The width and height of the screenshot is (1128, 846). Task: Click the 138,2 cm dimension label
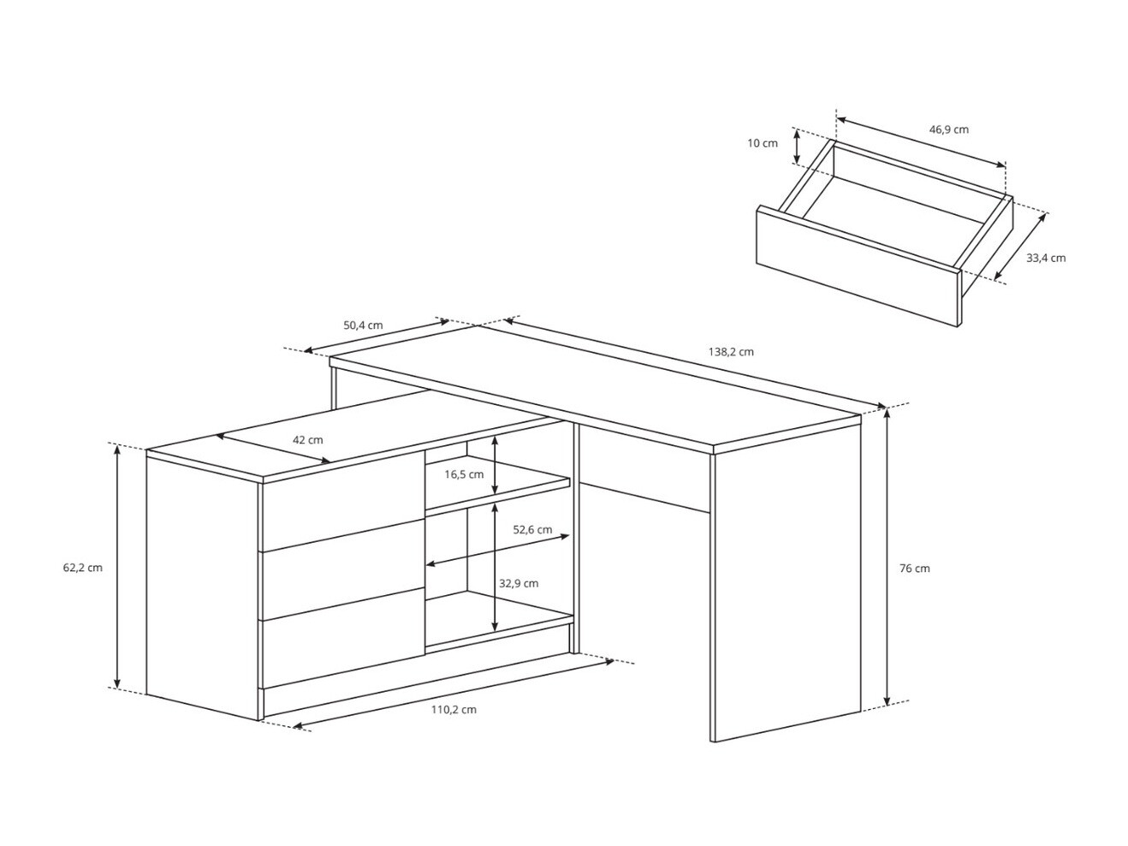(731, 352)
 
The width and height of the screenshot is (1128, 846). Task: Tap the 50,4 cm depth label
(363, 325)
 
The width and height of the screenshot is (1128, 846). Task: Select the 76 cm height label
(914, 569)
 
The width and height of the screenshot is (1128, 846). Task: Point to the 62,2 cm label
(83, 568)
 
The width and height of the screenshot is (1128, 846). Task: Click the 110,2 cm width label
(454, 709)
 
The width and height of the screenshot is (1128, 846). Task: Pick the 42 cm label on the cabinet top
(308, 440)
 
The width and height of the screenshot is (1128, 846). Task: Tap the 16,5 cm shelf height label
(464, 474)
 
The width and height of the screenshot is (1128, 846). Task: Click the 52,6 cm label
(532, 529)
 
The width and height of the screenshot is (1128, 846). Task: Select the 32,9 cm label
(519, 584)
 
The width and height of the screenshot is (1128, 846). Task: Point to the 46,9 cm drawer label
(949, 130)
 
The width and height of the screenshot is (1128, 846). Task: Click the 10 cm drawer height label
(763, 143)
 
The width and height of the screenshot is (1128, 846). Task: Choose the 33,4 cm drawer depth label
(1046, 258)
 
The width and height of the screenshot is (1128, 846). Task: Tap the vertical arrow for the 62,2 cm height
(117, 567)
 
